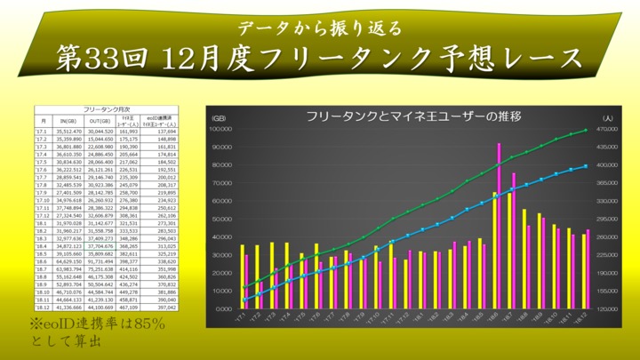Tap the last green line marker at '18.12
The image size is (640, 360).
tap(586, 131)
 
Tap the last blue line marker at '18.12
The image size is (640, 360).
tap(586, 166)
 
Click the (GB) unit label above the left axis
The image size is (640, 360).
tap(218, 117)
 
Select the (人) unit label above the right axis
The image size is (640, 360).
tap(607, 117)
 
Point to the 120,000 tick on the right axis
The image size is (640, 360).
tap(606, 308)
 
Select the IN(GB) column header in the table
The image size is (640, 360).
tap(69, 120)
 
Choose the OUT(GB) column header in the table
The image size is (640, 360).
tap(100, 120)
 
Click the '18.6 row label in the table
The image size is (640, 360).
tap(42, 262)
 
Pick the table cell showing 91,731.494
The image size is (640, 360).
tap(100, 262)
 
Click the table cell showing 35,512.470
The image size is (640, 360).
tap(69, 132)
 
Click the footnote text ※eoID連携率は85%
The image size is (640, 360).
tap(97, 325)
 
